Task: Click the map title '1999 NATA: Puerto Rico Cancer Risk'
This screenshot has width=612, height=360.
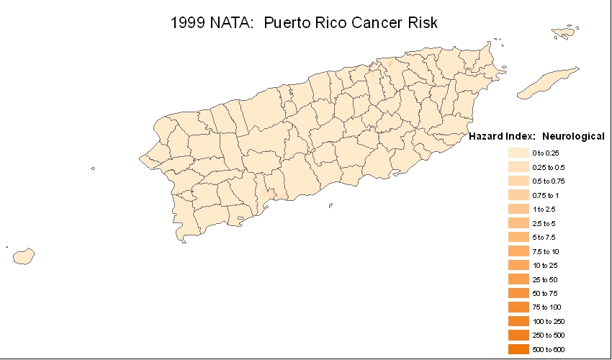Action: [304, 22]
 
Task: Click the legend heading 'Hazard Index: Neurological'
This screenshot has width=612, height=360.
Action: [536, 136]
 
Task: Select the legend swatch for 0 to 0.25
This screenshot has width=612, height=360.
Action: [518, 153]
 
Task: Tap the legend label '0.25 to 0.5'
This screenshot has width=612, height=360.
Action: [549, 167]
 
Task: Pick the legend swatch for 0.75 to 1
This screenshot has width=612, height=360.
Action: [518, 195]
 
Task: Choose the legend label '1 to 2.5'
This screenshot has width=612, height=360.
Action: [544, 209]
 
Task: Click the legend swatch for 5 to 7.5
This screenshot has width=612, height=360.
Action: [518, 237]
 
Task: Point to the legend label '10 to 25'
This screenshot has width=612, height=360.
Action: [546, 265]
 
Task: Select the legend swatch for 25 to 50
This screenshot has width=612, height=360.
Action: [518, 279]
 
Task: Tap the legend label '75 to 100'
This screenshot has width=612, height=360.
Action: [547, 307]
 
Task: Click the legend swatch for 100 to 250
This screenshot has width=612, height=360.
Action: [518, 321]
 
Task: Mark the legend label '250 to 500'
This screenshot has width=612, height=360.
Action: [549, 336]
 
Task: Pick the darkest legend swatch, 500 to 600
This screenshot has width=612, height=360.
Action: [518, 349]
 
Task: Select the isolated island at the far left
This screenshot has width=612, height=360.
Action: [23, 256]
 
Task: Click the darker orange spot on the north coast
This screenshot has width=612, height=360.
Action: [390, 63]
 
